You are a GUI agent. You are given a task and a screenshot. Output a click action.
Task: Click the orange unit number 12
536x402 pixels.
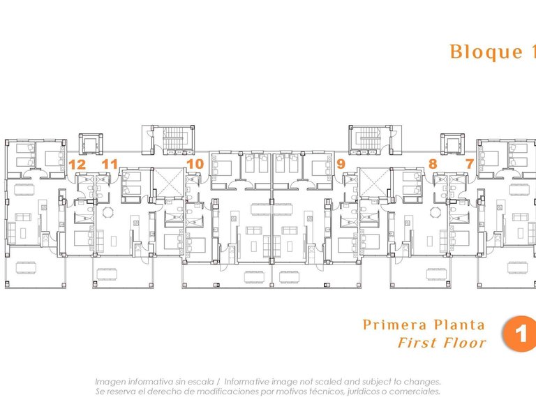[77, 165]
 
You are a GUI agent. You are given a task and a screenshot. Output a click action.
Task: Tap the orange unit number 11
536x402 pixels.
[110, 165]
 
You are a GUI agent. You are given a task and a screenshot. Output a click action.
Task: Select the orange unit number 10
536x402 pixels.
[195, 165]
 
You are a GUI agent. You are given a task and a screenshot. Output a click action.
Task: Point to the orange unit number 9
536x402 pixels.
[341, 165]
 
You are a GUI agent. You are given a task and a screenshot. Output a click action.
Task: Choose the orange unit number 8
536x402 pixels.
[433, 165]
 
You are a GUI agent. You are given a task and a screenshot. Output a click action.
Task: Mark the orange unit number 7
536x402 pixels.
[470, 165]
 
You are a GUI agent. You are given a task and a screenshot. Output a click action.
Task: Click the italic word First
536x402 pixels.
[417, 343]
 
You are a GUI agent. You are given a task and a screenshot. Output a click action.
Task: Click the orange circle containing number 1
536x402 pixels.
[520, 334]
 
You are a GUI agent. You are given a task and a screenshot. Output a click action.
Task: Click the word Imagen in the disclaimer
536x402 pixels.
[111, 382]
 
